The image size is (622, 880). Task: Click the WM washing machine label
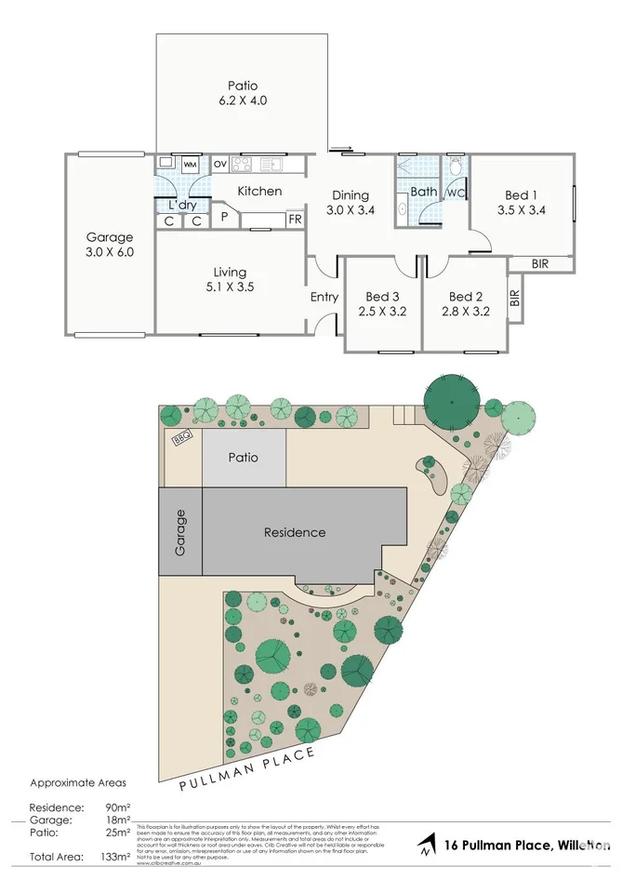click(190, 165)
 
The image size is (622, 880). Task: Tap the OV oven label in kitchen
click(220, 165)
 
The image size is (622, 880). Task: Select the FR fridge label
click(294, 220)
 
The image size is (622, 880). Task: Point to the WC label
click(456, 193)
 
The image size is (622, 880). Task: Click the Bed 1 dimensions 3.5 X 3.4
click(521, 210)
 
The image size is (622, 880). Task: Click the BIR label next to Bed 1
click(539, 264)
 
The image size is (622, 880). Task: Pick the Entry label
click(324, 298)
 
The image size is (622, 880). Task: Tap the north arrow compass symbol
click(426, 847)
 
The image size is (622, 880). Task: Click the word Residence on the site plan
click(295, 532)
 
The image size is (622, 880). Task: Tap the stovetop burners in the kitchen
click(242, 165)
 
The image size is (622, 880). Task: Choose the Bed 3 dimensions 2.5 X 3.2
click(382, 312)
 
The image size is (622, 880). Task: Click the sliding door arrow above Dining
click(341, 147)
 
